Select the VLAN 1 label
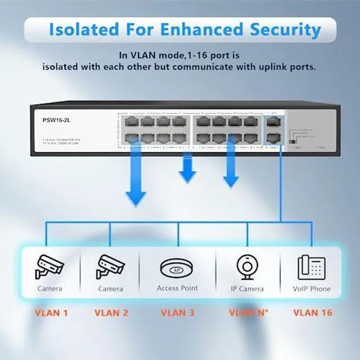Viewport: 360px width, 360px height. tap(51, 313)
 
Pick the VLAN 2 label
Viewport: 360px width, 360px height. tap(111, 313)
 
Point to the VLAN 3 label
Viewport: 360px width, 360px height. tap(177, 313)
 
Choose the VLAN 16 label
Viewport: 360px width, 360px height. tap(313, 313)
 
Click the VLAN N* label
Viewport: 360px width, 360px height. tap(248, 313)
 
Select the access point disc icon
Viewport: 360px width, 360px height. tap(177, 267)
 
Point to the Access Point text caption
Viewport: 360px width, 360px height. tap(177, 289)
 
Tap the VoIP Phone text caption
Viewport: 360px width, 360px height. tap(312, 289)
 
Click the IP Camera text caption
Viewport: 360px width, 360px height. tap(247, 289)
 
